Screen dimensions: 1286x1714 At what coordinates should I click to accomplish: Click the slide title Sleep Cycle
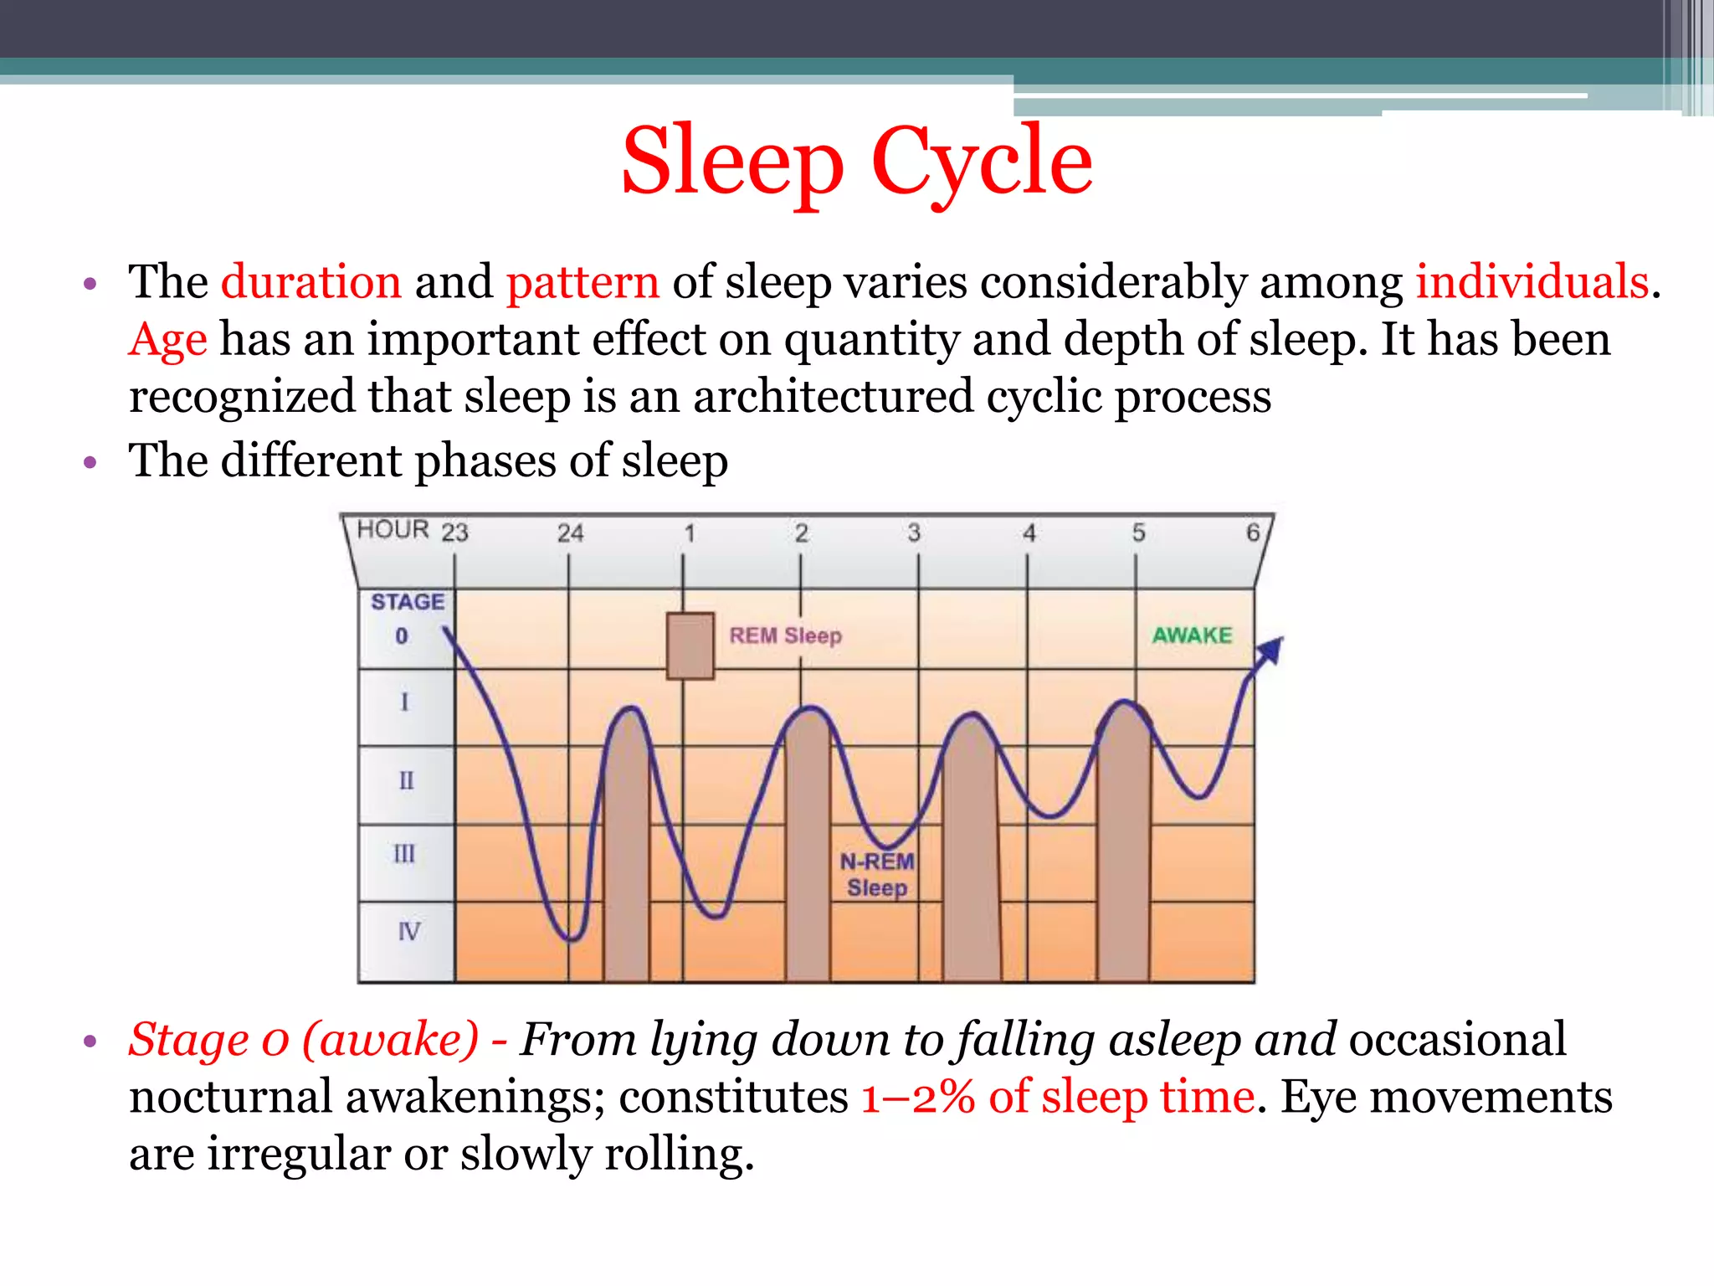(x=857, y=161)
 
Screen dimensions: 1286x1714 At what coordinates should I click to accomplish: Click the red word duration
(x=310, y=281)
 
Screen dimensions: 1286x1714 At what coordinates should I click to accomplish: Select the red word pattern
(x=582, y=281)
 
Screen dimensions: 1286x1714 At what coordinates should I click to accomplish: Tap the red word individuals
(x=1532, y=281)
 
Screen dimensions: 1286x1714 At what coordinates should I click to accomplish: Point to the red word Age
(x=167, y=340)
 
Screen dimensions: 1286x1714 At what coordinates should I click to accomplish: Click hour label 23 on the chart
(x=454, y=532)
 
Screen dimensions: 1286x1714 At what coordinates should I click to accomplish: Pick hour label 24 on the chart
(x=570, y=533)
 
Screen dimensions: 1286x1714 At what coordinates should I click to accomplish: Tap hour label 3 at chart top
(x=914, y=532)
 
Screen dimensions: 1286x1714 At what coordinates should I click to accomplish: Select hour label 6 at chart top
(x=1252, y=532)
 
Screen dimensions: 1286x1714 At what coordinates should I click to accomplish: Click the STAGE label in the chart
(x=408, y=602)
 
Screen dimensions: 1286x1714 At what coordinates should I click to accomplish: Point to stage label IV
(x=408, y=931)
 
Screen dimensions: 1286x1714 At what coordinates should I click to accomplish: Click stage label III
(x=404, y=854)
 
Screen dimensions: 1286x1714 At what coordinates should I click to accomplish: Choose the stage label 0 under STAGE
(x=402, y=636)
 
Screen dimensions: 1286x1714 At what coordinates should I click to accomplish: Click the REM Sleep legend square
(x=690, y=646)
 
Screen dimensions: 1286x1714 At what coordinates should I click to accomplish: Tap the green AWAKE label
(x=1192, y=635)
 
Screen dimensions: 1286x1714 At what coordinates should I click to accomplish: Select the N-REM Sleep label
(x=876, y=874)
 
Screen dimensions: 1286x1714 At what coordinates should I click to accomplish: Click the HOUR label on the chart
(x=393, y=530)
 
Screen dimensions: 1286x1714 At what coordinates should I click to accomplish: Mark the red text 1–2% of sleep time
(x=1058, y=1097)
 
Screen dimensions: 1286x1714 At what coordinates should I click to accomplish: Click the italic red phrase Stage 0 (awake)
(x=304, y=1040)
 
